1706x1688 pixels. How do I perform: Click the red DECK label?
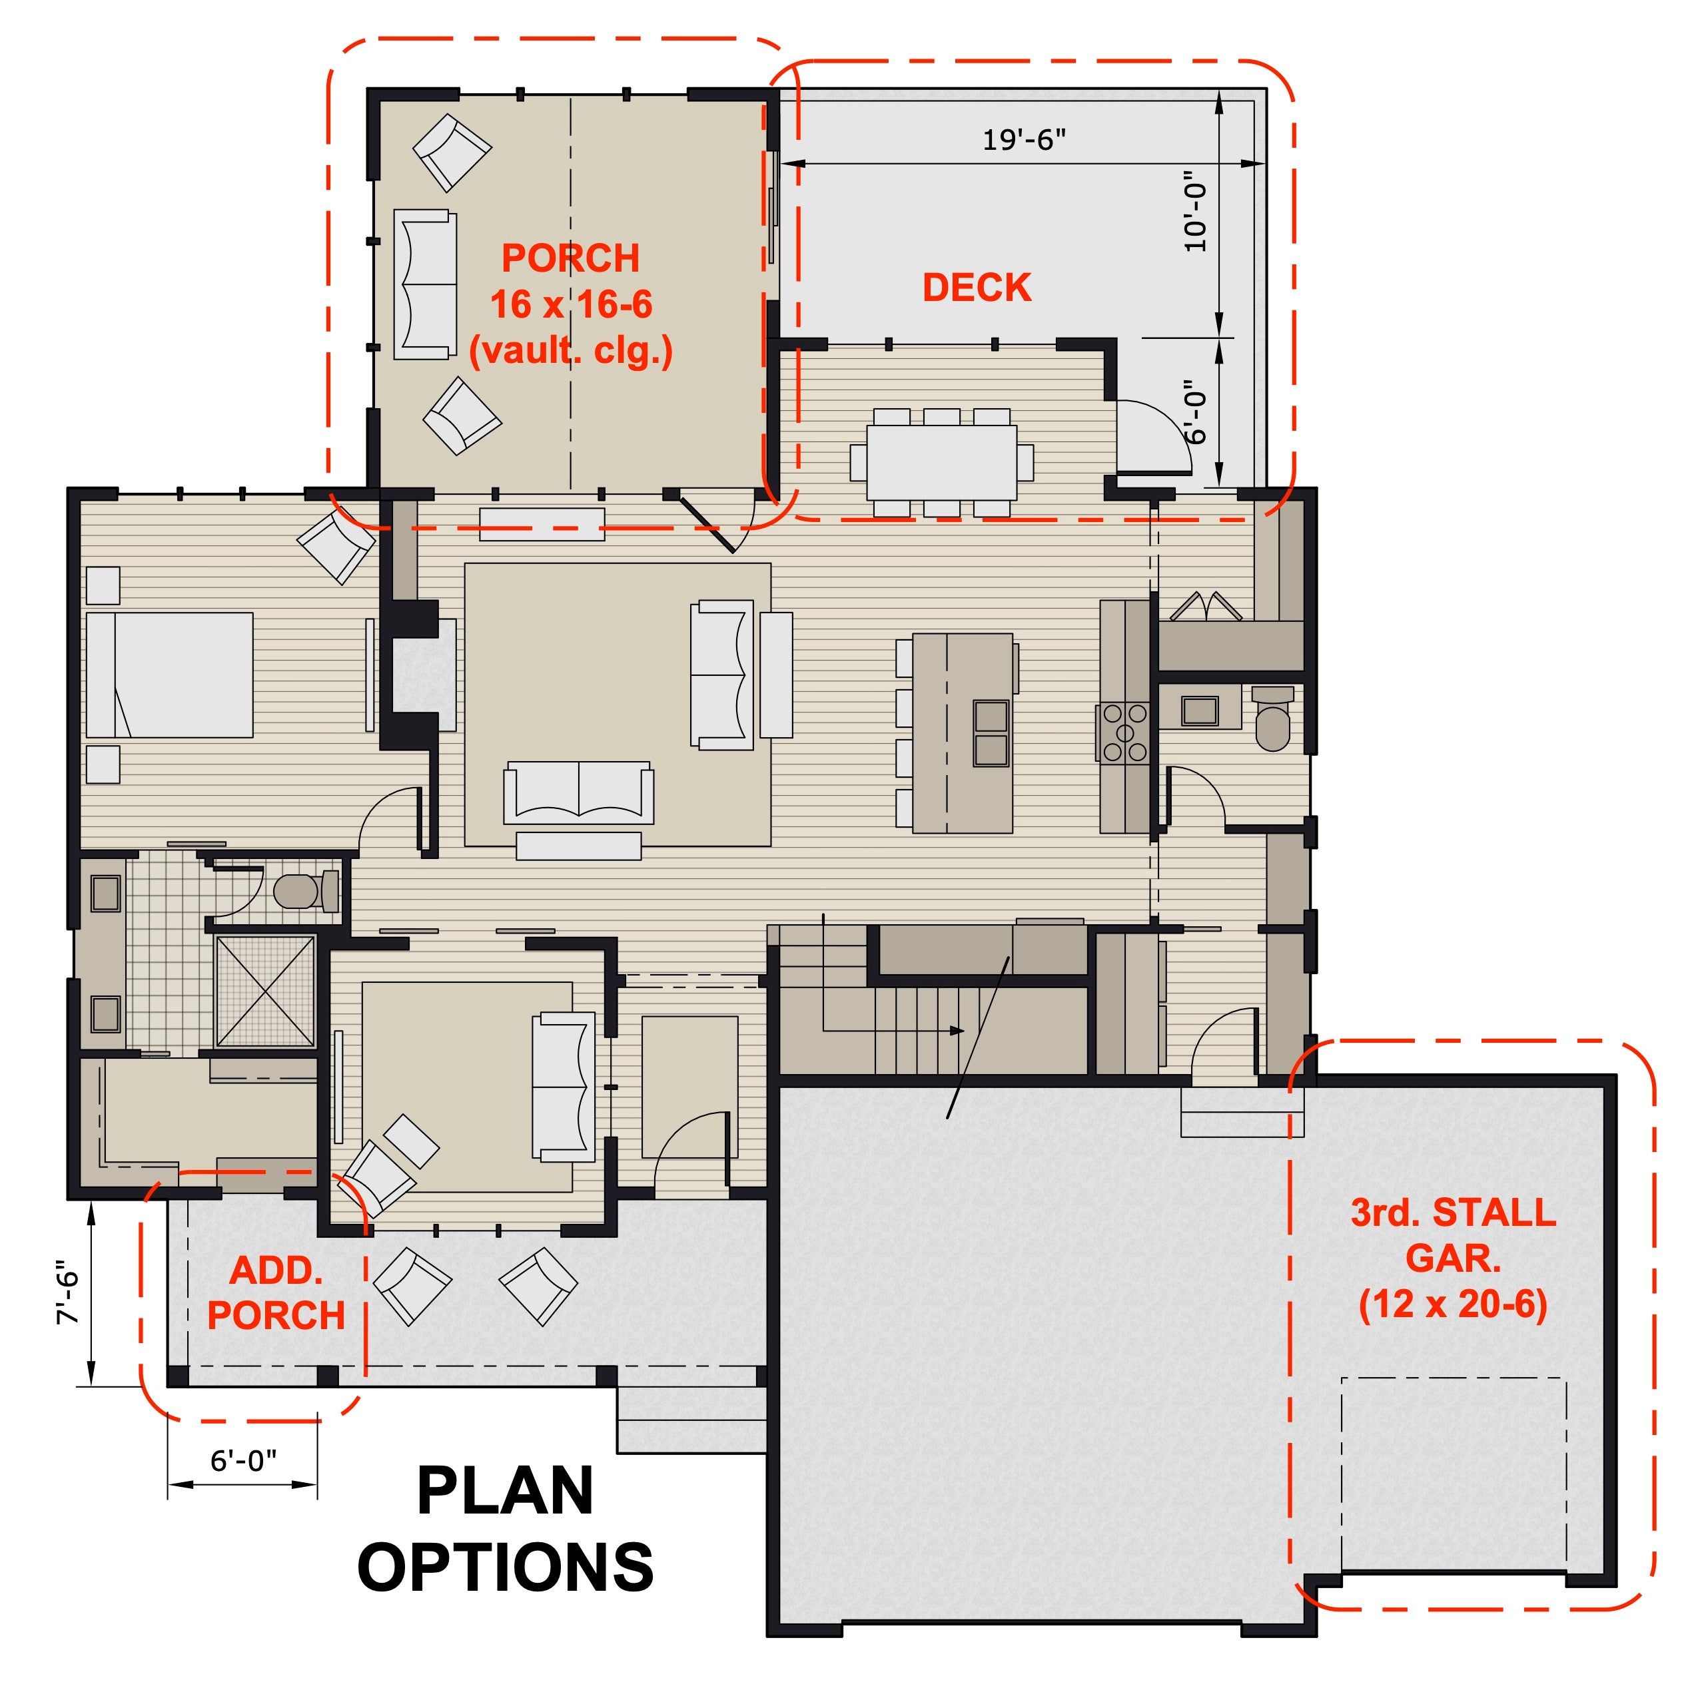tap(977, 288)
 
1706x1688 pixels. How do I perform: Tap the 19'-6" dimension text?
tap(1025, 139)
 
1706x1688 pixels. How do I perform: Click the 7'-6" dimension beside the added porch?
tap(67, 1297)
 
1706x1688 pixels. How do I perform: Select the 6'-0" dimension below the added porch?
tap(243, 1461)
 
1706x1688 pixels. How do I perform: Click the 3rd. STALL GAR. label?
tap(1454, 1235)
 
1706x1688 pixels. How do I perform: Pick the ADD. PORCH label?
tap(276, 1293)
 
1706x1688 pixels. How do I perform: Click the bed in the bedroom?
tap(170, 675)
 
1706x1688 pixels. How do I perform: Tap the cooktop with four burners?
tap(1124, 732)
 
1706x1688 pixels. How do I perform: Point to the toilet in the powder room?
tap(1272, 718)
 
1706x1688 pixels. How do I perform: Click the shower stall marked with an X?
tap(266, 991)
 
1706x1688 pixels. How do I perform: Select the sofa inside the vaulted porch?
tap(426, 284)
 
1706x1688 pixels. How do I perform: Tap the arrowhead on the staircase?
tap(957, 1030)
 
